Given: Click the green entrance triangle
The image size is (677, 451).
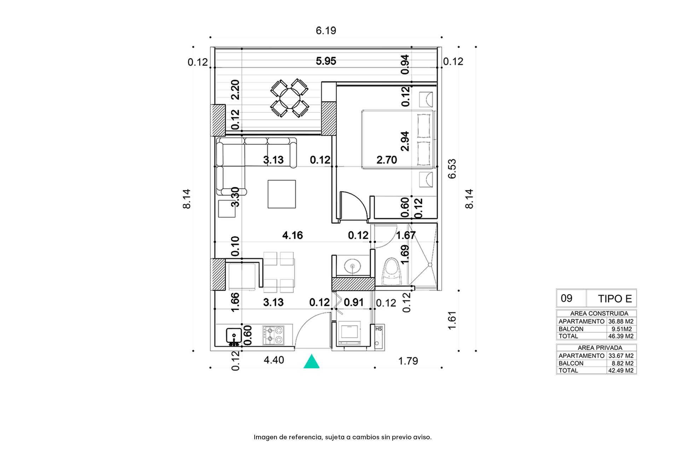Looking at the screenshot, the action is (x=311, y=362).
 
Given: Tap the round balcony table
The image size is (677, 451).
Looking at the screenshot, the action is (x=290, y=98).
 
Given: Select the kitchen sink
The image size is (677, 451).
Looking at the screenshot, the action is (x=234, y=336).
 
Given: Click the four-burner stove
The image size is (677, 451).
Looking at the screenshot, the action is (x=273, y=335).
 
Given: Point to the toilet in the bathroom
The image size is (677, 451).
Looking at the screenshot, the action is (x=392, y=271).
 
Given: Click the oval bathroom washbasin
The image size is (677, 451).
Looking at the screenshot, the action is (x=352, y=265).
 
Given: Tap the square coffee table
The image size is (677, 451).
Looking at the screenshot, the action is (x=282, y=194).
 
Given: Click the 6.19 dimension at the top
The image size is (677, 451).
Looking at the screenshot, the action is (x=326, y=31).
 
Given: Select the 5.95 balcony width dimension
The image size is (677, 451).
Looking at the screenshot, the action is (x=326, y=61).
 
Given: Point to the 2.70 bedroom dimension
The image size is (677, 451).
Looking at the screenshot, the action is (x=387, y=160).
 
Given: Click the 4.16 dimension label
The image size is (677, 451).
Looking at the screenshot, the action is (x=293, y=235).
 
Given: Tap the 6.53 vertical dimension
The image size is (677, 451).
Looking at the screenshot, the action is (x=452, y=169).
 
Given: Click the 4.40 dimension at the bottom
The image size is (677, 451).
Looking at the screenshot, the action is (x=274, y=360).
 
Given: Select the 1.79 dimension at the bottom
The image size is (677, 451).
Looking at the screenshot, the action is (x=408, y=361).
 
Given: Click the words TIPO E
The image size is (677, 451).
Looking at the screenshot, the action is (x=615, y=299).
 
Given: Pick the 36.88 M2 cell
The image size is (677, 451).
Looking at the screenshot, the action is (x=621, y=322).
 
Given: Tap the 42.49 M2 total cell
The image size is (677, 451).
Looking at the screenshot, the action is (x=621, y=370).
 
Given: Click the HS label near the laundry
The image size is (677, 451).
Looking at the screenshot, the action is (x=378, y=329).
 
